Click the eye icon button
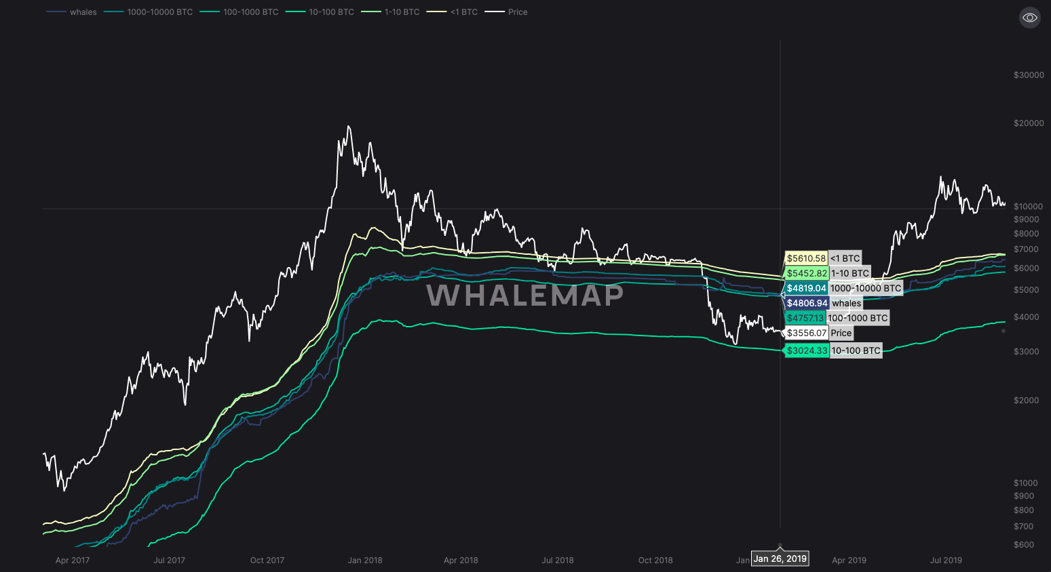1029,18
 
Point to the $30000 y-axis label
1029,75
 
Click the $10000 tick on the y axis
1029,207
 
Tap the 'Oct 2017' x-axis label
267,560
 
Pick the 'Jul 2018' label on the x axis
558,560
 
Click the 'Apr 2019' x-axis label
849,560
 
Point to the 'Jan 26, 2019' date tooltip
780,559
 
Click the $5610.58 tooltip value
806,258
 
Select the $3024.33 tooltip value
807,350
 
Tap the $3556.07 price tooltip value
807,333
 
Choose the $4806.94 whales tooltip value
807,303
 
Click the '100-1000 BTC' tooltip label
858,318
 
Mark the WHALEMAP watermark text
524,295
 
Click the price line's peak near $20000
349,127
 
